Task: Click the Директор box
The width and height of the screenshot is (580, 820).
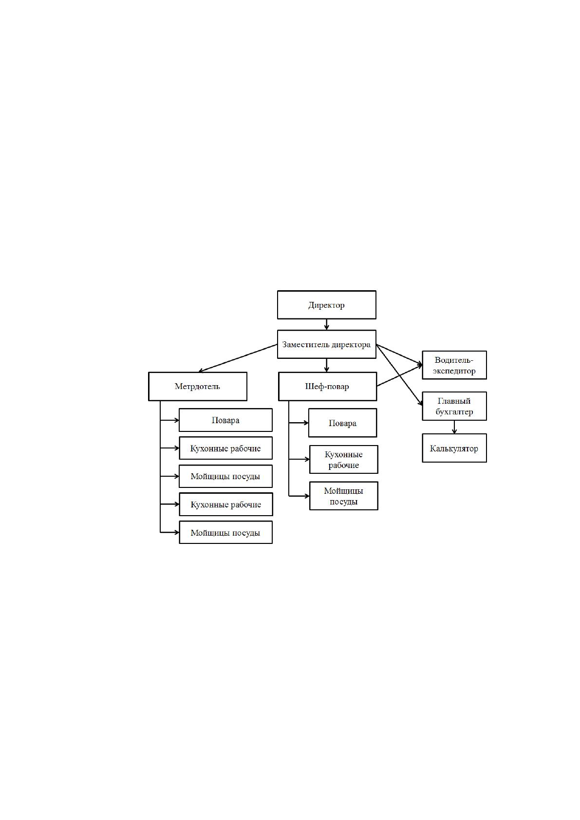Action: click(326, 304)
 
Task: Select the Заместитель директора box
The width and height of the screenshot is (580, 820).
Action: click(326, 344)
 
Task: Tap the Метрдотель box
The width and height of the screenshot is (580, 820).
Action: click(197, 386)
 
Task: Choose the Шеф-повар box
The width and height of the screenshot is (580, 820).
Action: click(327, 386)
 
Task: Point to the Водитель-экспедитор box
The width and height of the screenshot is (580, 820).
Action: click(454, 365)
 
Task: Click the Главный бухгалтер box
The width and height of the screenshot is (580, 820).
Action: click(454, 406)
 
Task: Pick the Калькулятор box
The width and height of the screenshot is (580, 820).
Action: click(454, 448)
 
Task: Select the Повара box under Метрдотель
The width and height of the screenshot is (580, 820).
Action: click(225, 420)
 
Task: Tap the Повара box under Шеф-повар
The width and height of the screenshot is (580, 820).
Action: click(342, 423)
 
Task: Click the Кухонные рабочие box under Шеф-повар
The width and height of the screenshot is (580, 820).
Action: click(343, 459)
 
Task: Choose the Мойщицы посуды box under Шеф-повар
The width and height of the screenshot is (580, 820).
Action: click(343, 496)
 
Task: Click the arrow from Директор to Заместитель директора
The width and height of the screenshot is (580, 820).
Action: click(327, 324)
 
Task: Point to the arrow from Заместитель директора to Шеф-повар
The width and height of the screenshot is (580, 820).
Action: click(327, 365)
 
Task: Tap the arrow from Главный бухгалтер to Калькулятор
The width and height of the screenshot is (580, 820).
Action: click(454, 427)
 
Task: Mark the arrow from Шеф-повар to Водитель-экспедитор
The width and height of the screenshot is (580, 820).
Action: click(399, 375)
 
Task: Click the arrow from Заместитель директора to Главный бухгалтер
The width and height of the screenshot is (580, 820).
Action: click(399, 375)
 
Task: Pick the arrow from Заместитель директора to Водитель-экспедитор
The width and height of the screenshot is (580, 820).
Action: click(399, 354)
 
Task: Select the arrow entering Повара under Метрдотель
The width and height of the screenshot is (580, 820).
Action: click(169, 420)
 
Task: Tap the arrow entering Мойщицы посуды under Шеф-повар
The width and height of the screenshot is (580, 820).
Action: click(299, 496)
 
